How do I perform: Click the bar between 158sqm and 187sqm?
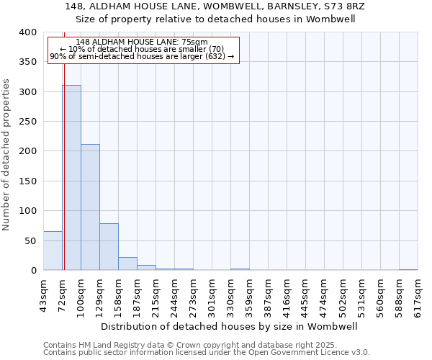(127, 264)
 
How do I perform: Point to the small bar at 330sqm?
(240, 269)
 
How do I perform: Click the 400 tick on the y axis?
(27, 32)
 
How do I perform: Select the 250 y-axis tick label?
(27, 122)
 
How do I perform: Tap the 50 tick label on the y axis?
(30, 240)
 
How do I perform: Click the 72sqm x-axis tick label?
(63, 294)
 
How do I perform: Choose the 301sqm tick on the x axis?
(212, 296)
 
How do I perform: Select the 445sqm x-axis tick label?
(306, 296)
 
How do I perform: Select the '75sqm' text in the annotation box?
(194, 42)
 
